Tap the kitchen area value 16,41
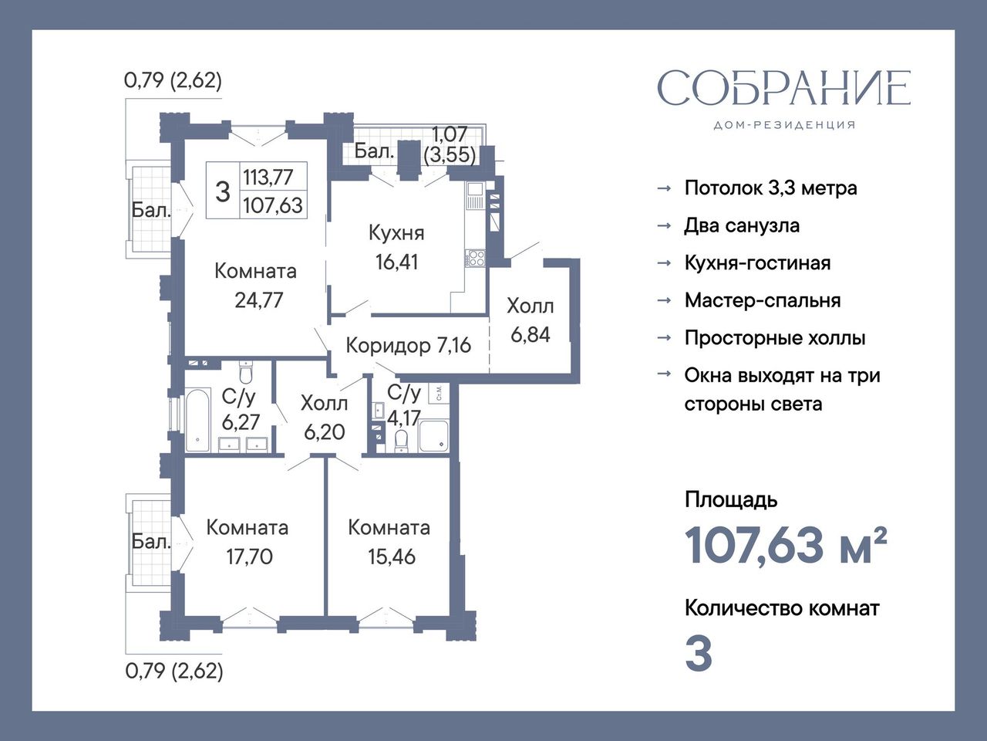pyautogui.click(x=397, y=262)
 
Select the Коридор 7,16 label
pyautogui.click(x=408, y=345)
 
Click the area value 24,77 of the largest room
pyautogui.click(x=258, y=300)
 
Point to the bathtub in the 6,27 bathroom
pyautogui.click(x=197, y=420)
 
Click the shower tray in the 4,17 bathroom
pyautogui.click(x=433, y=436)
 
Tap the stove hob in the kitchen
pyautogui.click(x=476, y=259)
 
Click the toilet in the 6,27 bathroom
pyautogui.click(x=246, y=371)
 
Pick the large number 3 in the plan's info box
pyautogui.click(x=223, y=191)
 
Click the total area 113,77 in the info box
pyautogui.click(x=268, y=177)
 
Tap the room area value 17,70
pyautogui.click(x=249, y=557)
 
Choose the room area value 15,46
pyautogui.click(x=392, y=557)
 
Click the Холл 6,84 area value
pyautogui.click(x=531, y=335)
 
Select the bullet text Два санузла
pyautogui.click(x=742, y=225)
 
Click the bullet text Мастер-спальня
pyautogui.click(x=763, y=300)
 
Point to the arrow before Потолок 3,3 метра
pyautogui.click(x=664, y=188)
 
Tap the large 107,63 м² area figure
pyautogui.click(x=786, y=546)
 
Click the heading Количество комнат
pyautogui.click(x=782, y=608)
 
